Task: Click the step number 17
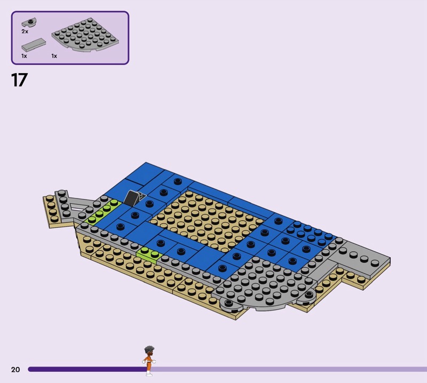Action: [19, 80]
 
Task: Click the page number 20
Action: [15, 369]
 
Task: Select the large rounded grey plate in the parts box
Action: [85, 35]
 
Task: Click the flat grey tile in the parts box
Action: [34, 45]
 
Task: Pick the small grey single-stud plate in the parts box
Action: [29, 22]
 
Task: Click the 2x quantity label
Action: [25, 31]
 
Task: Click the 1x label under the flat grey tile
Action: [24, 56]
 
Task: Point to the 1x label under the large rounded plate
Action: [54, 56]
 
